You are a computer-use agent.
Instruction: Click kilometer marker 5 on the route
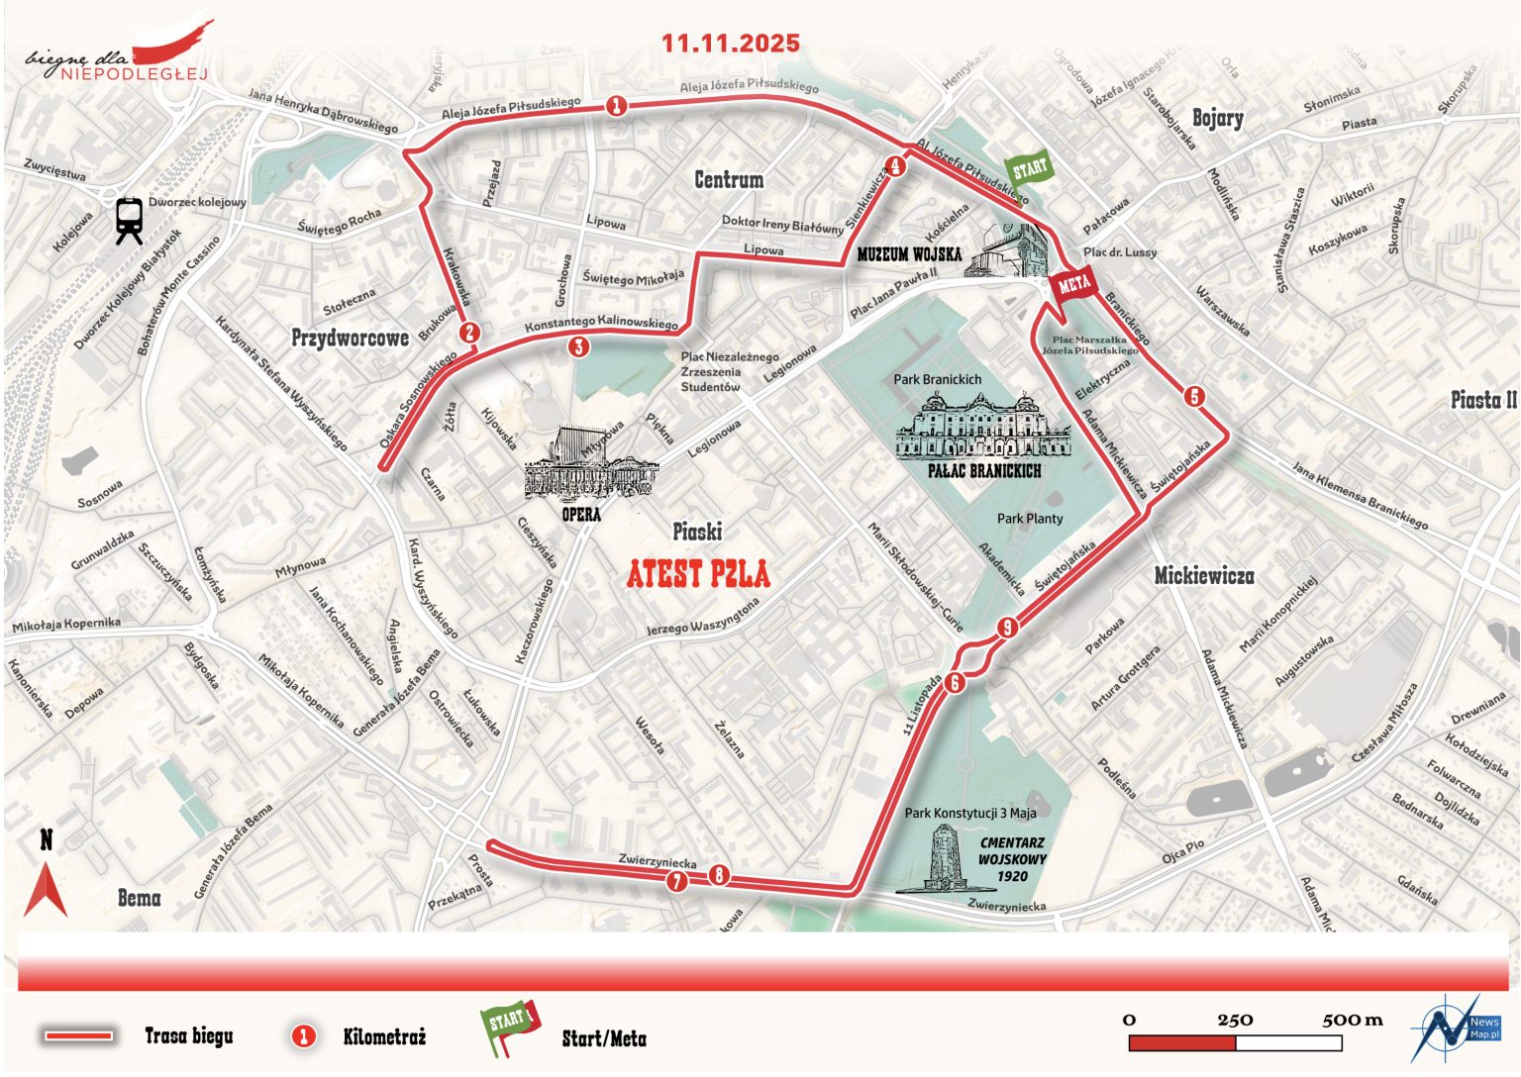pos(1194,397)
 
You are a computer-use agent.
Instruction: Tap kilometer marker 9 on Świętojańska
pos(1007,628)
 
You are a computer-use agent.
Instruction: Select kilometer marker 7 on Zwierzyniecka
pos(677,881)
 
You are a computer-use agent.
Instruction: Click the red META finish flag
pos(1072,286)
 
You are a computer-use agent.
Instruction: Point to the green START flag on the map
pos(1027,169)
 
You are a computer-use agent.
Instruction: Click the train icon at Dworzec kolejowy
pos(129,220)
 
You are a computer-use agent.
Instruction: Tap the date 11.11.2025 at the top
pos(730,44)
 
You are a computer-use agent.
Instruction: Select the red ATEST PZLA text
pos(698,574)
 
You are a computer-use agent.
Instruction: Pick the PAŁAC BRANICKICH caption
pos(984,471)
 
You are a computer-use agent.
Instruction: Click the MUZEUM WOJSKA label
pos(909,254)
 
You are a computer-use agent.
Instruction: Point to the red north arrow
pos(46,889)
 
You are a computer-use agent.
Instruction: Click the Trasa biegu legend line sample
pos(78,1036)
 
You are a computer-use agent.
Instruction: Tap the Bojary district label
pos(1217,118)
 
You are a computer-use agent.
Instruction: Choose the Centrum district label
pos(728,180)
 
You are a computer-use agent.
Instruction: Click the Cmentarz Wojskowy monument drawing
pos(938,860)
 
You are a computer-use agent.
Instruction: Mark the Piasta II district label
pos(1482,400)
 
